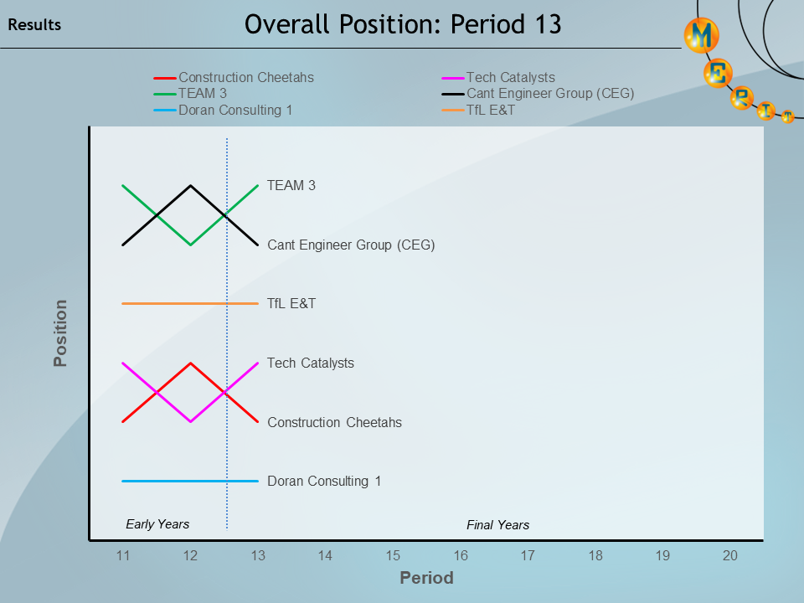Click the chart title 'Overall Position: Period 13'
[x=403, y=25]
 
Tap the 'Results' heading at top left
[x=34, y=25]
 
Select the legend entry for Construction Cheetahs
[x=245, y=78]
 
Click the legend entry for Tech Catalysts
[x=510, y=78]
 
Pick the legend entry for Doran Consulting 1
[x=235, y=110]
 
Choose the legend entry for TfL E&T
[x=491, y=110]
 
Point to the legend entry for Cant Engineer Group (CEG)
[x=549, y=94]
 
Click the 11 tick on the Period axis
[x=123, y=555]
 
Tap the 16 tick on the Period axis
[x=461, y=555]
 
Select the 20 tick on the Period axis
[x=730, y=555]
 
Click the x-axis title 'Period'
[x=426, y=578]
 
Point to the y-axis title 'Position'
[x=60, y=333]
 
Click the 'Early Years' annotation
[x=157, y=524]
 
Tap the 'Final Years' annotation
[x=497, y=525]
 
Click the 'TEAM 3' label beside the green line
[x=291, y=186]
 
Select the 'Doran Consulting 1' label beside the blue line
[x=324, y=482]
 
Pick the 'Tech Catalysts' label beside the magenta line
[x=311, y=363]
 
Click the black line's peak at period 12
[x=191, y=186]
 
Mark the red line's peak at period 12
[x=191, y=363]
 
